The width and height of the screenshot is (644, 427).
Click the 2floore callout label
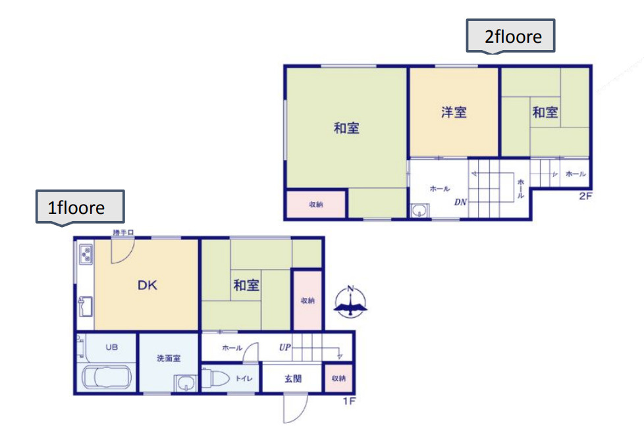(x=512, y=36)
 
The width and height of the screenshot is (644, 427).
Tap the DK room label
(x=147, y=286)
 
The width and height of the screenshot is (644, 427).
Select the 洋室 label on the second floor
(x=454, y=112)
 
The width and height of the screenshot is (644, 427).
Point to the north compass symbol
(x=351, y=302)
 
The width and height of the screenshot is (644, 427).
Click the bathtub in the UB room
(x=107, y=379)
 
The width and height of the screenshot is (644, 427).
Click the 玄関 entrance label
(x=293, y=379)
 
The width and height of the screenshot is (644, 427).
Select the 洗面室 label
(x=169, y=359)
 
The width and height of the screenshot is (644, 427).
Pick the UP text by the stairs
(x=285, y=347)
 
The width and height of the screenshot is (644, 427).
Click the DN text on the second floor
(x=460, y=201)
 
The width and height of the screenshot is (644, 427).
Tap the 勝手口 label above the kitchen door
(x=123, y=233)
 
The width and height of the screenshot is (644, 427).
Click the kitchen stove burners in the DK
(x=86, y=253)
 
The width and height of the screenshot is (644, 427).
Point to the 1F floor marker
(x=349, y=400)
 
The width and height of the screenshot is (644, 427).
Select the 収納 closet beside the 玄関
(x=338, y=378)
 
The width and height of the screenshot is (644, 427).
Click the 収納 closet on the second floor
(x=316, y=205)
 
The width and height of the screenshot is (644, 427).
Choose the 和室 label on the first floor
(x=246, y=286)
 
